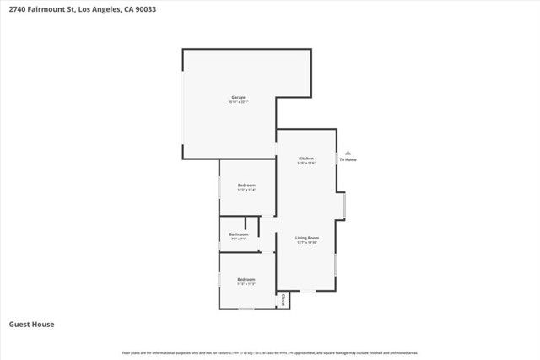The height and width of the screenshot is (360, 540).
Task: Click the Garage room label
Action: click(x=239, y=98)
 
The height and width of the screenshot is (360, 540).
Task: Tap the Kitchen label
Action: click(x=306, y=159)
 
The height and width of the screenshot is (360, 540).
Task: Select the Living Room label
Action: click(x=306, y=239)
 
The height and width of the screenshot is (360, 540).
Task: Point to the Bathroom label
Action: click(x=239, y=234)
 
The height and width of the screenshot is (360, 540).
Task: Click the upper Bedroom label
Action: click(x=246, y=185)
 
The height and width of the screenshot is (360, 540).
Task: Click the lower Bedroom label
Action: click(x=246, y=279)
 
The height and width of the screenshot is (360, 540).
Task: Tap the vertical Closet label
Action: click(x=283, y=300)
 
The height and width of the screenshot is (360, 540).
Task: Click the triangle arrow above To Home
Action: click(x=348, y=153)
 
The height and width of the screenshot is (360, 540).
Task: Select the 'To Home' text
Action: click(x=348, y=159)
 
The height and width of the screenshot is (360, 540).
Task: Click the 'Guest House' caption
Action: click(x=32, y=324)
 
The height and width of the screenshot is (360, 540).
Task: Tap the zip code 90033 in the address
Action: click(x=144, y=10)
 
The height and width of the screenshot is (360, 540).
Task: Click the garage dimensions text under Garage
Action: click(x=239, y=102)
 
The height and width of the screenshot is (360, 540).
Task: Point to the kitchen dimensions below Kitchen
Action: click(x=306, y=163)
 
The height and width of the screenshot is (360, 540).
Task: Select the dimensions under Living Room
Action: click(x=306, y=243)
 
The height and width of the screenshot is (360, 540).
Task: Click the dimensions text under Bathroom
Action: click(x=239, y=239)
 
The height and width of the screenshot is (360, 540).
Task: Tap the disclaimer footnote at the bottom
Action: click(x=270, y=352)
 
